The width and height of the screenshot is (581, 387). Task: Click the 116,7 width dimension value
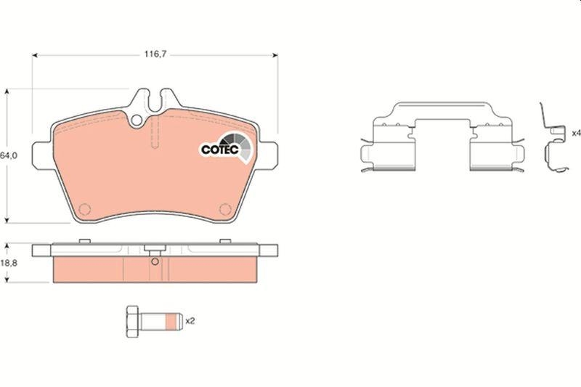pos(155,54)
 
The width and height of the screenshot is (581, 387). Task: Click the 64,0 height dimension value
pos(9,156)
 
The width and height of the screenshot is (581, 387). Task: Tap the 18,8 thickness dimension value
pos(9,264)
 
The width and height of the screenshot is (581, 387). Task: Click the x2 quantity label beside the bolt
pos(190,321)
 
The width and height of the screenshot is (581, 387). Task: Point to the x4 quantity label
pos(576,133)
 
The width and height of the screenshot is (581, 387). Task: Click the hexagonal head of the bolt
pos(132,322)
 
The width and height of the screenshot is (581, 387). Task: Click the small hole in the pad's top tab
pos(137,120)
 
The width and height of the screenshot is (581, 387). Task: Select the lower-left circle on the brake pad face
pos(85,209)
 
